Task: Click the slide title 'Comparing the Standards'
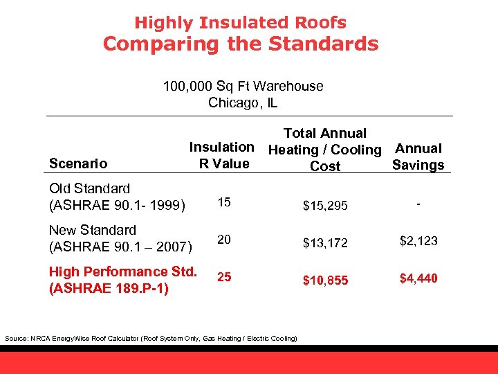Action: [x=241, y=44]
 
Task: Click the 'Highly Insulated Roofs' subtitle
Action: [x=240, y=22]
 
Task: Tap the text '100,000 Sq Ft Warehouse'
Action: [x=243, y=86]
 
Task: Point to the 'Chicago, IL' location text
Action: [x=243, y=103]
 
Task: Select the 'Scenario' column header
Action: [x=78, y=163]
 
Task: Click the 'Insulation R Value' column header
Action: [x=223, y=155]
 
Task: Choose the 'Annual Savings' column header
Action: [x=418, y=157]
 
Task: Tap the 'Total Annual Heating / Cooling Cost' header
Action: [x=325, y=150]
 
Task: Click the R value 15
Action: [x=224, y=202]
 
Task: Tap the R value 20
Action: [x=224, y=239]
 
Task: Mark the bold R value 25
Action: [x=224, y=277]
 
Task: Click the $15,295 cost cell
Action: [x=324, y=206]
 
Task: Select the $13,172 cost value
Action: [x=324, y=242]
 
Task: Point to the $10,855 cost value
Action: [x=324, y=280]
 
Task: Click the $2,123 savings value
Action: [x=418, y=241]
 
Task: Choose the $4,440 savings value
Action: [x=418, y=278]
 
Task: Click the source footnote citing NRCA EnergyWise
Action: [x=151, y=338]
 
